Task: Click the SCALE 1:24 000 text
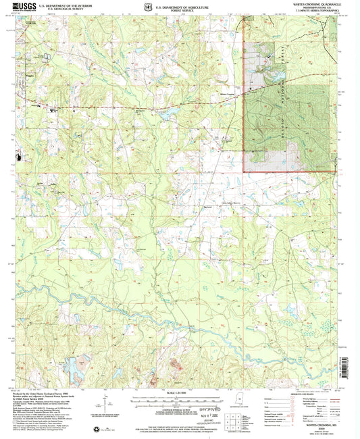click(x=180, y=392)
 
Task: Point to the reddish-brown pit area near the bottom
click(x=177, y=368)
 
